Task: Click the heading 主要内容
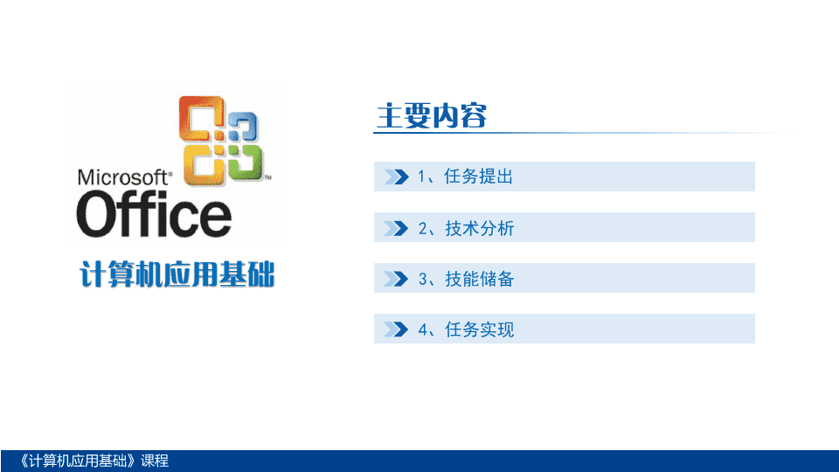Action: (431, 115)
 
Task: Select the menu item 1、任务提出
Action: (465, 177)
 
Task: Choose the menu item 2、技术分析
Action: (466, 228)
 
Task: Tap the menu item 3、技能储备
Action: (466, 279)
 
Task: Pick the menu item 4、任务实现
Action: (466, 330)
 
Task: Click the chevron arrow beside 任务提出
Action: (397, 177)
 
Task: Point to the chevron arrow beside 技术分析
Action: (397, 228)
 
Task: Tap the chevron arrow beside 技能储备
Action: (397, 279)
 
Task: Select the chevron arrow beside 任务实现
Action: (397, 330)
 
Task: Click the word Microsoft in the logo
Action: (123, 177)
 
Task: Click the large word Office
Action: (154, 215)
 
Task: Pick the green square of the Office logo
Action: (244, 161)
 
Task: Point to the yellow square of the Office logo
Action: (204, 164)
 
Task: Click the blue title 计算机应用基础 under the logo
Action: (177, 274)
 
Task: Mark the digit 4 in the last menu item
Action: (423, 330)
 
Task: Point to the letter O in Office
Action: (97, 215)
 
